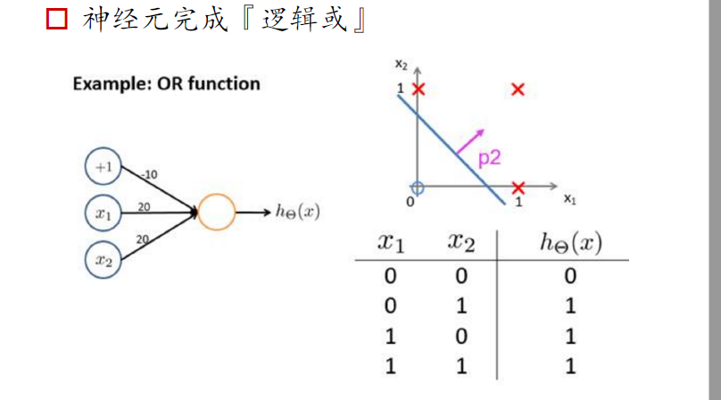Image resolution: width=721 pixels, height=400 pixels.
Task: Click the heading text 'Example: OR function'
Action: tap(166, 84)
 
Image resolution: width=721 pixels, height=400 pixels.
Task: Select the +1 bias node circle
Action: tap(104, 167)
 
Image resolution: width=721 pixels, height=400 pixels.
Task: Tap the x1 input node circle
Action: tap(104, 213)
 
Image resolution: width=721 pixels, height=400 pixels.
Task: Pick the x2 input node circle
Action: tap(104, 260)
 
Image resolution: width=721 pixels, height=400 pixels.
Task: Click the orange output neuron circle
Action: tap(216, 213)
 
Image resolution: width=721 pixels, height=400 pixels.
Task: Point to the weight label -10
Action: tap(149, 174)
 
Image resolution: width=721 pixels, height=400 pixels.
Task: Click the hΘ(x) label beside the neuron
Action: tap(298, 212)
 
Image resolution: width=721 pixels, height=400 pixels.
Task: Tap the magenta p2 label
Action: tap(489, 159)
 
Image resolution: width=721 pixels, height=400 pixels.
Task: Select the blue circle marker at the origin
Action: tap(417, 187)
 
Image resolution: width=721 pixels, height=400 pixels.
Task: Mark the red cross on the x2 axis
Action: tap(418, 88)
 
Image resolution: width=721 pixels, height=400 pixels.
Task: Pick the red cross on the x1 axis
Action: tap(518, 187)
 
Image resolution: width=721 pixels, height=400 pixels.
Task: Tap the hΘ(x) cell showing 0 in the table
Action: tap(570, 275)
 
